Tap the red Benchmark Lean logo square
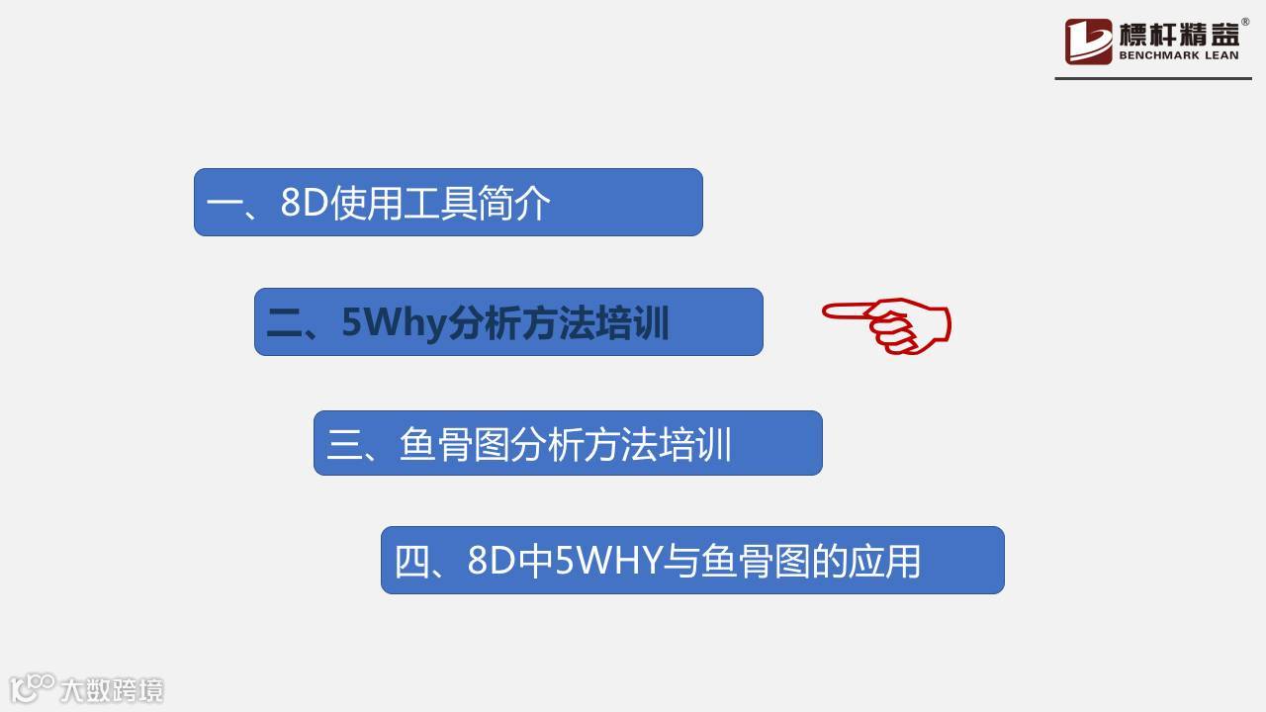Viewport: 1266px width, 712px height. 1088,42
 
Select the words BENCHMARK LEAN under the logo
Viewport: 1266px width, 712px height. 1179,56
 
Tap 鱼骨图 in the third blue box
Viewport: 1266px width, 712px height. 456,445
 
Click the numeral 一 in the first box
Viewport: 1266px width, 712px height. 224,205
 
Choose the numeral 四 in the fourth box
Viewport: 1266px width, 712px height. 412,562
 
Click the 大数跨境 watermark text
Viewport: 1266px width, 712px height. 111,689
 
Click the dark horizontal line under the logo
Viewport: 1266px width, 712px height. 1153,78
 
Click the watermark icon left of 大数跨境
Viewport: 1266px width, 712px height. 32,687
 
